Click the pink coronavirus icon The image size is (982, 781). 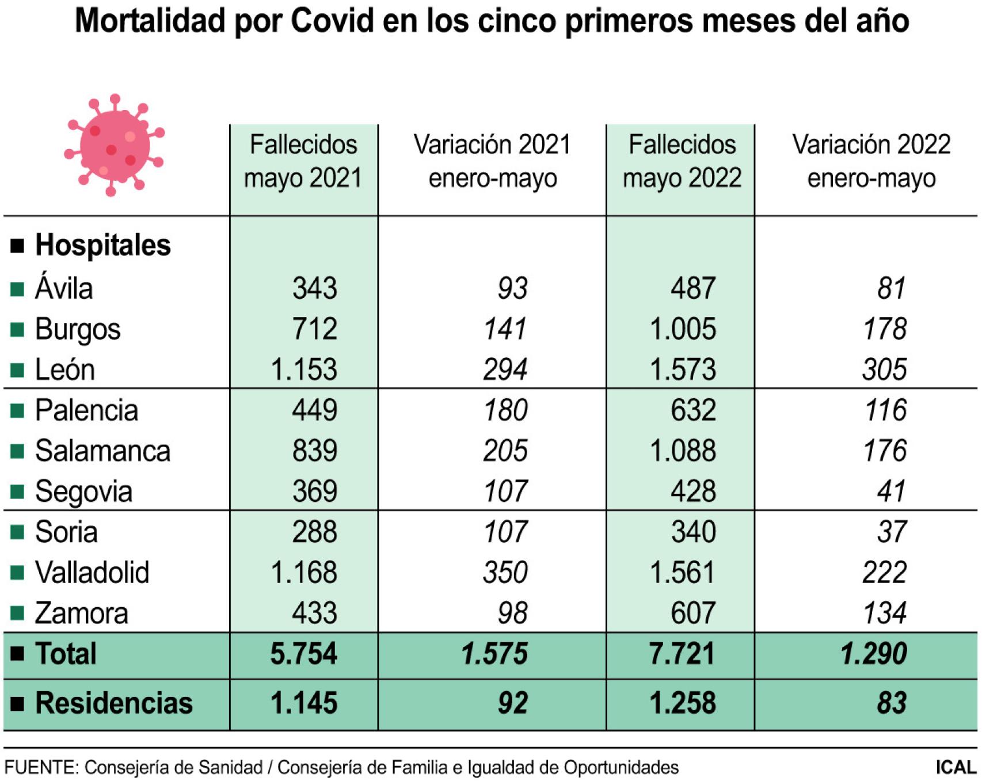click(114, 145)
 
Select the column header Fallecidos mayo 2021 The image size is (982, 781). click(303, 161)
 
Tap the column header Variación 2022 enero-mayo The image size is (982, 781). click(871, 161)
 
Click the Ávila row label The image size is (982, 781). click(64, 288)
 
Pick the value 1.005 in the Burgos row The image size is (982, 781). click(683, 329)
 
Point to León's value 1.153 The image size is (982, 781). click(304, 369)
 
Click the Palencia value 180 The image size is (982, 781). click(505, 410)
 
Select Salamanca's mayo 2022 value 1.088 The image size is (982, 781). click(683, 451)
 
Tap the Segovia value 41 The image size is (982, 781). click(892, 492)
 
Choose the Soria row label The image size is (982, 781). click(66, 532)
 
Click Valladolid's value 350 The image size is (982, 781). click(505, 573)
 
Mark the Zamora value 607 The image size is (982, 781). click(693, 613)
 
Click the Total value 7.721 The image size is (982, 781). click(682, 654)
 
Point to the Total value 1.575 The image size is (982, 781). click(494, 654)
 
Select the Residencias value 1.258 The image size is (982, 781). click(683, 703)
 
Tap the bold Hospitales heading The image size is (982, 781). click(103, 245)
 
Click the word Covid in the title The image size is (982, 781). click(332, 21)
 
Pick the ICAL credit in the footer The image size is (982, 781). click(956, 767)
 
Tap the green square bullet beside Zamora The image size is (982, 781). click(17, 614)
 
